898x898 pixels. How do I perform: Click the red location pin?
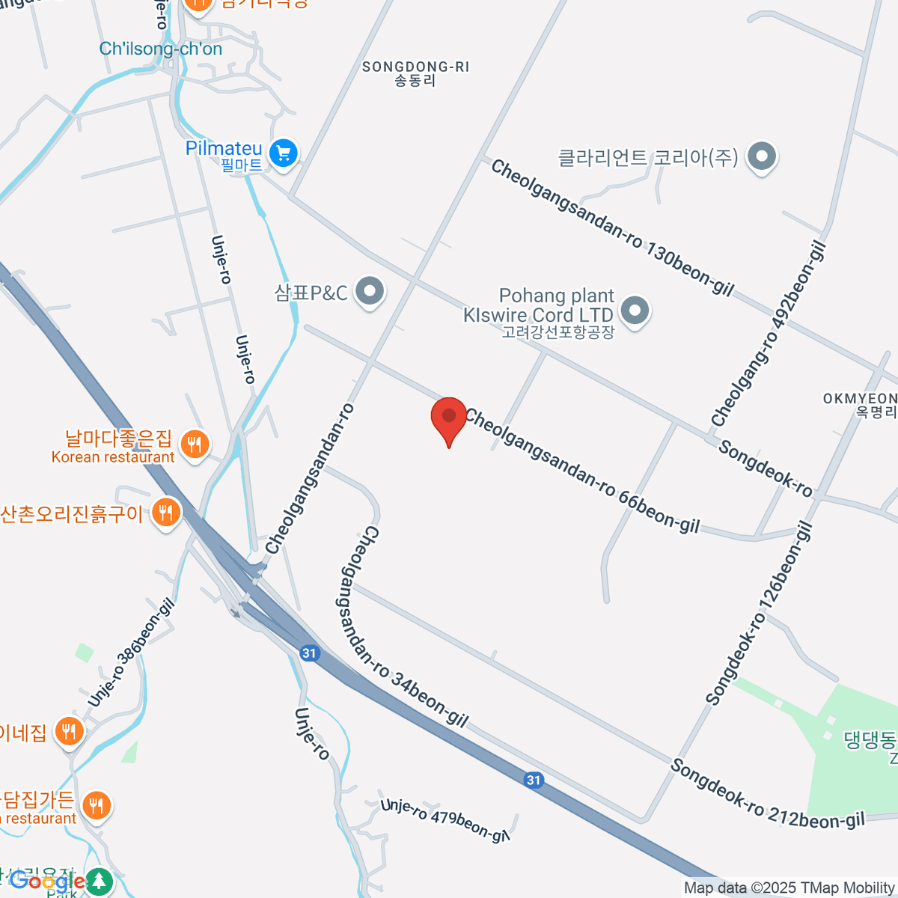449,419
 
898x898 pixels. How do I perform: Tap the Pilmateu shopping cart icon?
283,154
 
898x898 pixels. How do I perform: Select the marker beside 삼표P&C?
369,292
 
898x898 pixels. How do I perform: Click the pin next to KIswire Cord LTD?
635,310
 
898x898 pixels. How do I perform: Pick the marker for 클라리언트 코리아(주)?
763,158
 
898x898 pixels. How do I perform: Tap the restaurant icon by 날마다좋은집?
195,445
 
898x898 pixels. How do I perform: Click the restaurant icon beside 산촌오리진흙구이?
165,513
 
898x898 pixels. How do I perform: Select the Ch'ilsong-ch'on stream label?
160,49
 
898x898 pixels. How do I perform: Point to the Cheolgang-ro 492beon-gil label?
769,334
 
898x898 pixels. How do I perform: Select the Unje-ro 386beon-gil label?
132,653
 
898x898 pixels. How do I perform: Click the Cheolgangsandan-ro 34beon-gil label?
414,627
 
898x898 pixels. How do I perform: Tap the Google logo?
47,882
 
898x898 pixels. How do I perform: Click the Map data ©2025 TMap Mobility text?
789,888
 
